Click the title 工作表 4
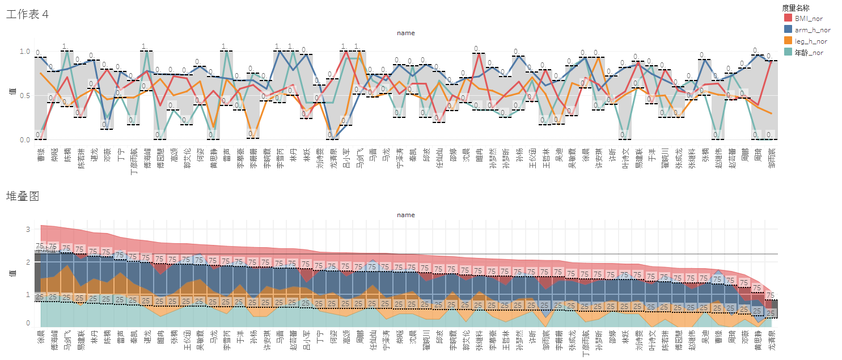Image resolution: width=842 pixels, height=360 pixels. click(27, 15)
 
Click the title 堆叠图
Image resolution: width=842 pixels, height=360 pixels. click(22, 196)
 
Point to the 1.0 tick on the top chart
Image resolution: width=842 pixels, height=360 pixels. click(25, 52)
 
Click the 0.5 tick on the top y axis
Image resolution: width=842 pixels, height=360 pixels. click(25, 95)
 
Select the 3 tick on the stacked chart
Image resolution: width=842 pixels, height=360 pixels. click(28, 229)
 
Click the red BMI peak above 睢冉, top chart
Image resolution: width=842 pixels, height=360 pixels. click(479, 54)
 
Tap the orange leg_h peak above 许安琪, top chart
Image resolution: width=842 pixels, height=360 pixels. click(599, 57)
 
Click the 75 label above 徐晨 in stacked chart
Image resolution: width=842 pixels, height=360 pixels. click(40, 246)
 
